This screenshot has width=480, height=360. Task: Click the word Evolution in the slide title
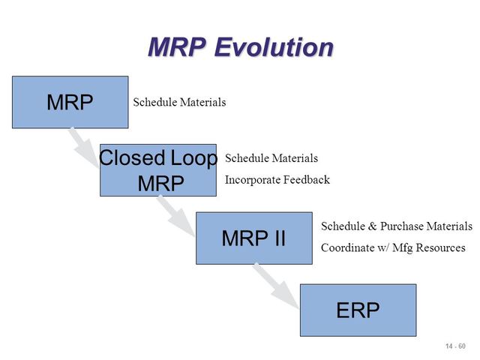click(274, 47)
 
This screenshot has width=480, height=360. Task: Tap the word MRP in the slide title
click(177, 47)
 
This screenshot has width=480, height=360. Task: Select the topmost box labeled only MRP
click(70, 102)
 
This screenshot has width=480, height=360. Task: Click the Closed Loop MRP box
click(157, 170)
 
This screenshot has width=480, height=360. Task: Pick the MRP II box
click(253, 238)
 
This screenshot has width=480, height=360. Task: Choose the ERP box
click(358, 310)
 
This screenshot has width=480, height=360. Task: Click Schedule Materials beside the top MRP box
click(179, 102)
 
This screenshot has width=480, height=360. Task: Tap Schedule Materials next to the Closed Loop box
click(271, 158)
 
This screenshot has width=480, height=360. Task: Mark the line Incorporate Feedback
click(277, 180)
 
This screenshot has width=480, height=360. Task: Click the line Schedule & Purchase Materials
click(396, 226)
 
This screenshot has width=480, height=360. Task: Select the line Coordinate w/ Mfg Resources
click(393, 247)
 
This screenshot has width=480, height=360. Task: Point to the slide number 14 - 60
click(454, 346)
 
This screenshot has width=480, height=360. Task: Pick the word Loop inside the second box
click(191, 158)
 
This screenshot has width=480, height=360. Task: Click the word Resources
click(442, 247)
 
